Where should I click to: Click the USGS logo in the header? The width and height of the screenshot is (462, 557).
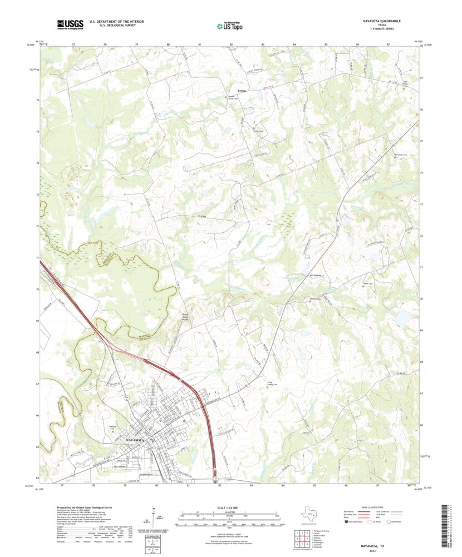pyautogui.click(x=70, y=24)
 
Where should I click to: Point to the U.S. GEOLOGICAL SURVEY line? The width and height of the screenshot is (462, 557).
pyautogui.click(x=112, y=25)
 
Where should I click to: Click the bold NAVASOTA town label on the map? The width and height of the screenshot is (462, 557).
pyautogui.click(x=137, y=439)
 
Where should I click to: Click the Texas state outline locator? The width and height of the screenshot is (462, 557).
pyautogui.click(x=306, y=513)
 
